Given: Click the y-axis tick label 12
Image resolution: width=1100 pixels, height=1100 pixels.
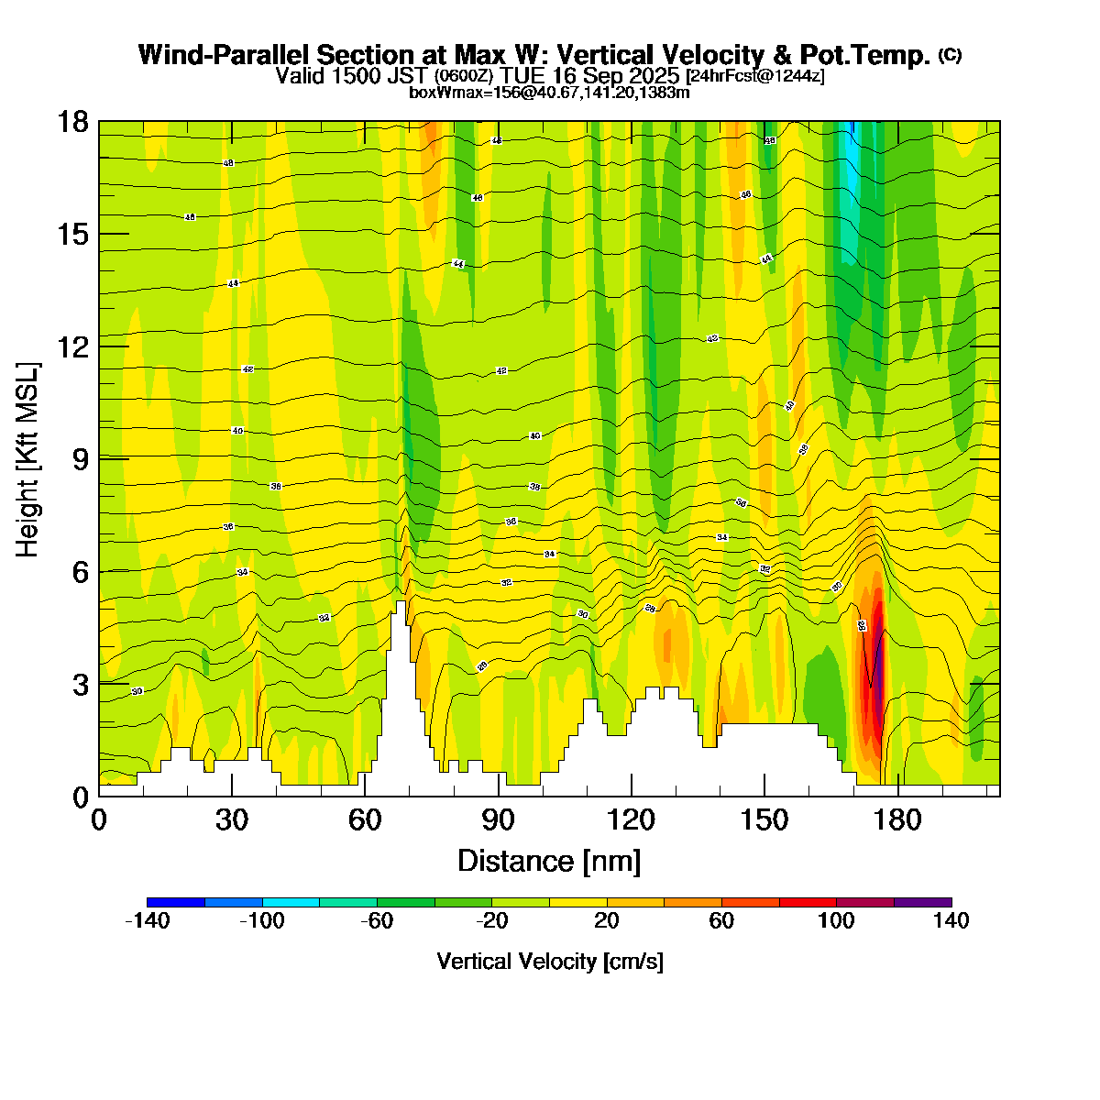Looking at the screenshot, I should pos(71,346).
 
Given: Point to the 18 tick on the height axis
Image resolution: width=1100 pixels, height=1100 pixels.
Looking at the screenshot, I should pos(71,122).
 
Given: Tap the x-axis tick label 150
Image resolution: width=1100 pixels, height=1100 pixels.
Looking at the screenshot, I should pos(764,819).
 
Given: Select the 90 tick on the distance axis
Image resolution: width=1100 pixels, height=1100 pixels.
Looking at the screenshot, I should pos(499,819).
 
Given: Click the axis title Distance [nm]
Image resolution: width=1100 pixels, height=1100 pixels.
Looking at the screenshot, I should pos(548,862).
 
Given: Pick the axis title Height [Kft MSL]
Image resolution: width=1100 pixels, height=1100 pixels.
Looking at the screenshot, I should pos(28,458).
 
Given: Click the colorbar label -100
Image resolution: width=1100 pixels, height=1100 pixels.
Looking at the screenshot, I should pos(262,921).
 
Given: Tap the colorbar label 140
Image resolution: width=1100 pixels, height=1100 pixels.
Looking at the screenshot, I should pos(951,921).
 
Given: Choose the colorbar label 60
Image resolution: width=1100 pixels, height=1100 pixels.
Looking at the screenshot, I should pos(721,921).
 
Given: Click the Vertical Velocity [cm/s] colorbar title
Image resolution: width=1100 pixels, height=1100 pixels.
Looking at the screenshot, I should pos(550,962).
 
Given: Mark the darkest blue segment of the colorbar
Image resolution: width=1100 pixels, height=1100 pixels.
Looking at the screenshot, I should pos(175,902).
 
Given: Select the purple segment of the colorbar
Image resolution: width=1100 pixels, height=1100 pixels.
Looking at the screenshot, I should pos(922,902).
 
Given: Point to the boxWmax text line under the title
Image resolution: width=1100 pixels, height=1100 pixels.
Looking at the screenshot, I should pos(549,92).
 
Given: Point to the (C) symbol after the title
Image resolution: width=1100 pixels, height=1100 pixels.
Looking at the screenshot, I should pos(950,55).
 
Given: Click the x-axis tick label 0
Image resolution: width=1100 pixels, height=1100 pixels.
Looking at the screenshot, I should pos(99,819).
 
